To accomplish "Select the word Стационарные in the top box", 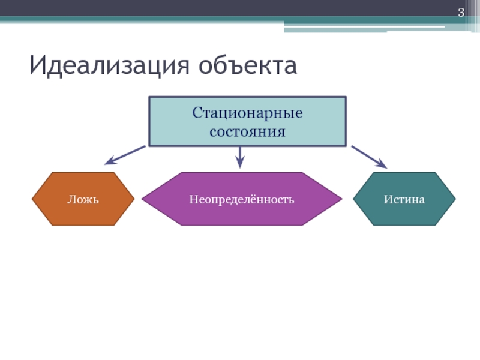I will (x=247, y=113).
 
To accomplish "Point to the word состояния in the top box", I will (x=247, y=130).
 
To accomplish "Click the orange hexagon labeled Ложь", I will (x=83, y=199).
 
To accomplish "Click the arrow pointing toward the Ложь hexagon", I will (x=125, y=155).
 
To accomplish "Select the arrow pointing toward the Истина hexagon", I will (x=369, y=156).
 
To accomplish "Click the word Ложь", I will (x=83, y=199).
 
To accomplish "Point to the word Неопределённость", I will (x=242, y=199).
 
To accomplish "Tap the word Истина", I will (x=404, y=199).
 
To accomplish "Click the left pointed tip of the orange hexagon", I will (x=33, y=199).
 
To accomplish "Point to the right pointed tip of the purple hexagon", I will (x=341, y=199).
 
